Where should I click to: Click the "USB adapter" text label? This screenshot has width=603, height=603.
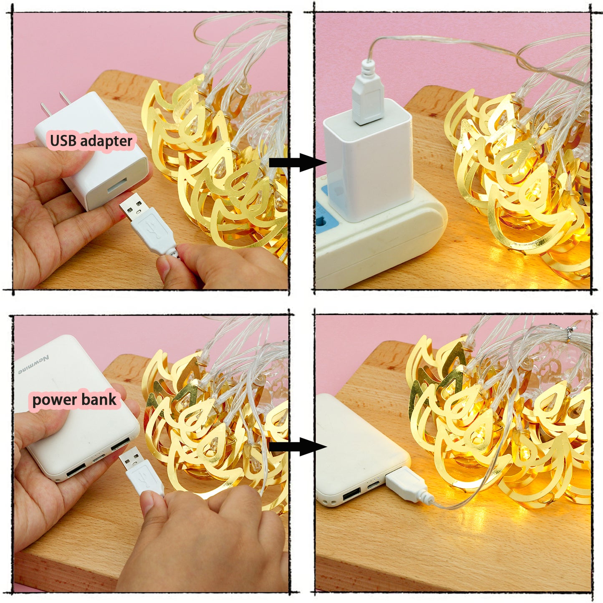point(91,141)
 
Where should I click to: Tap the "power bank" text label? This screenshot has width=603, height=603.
point(74,400)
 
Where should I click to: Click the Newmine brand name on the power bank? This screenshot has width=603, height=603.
point(33,365)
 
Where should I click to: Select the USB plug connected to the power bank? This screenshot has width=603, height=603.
point(407,485)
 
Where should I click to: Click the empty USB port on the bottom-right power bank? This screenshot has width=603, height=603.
point(352,496)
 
